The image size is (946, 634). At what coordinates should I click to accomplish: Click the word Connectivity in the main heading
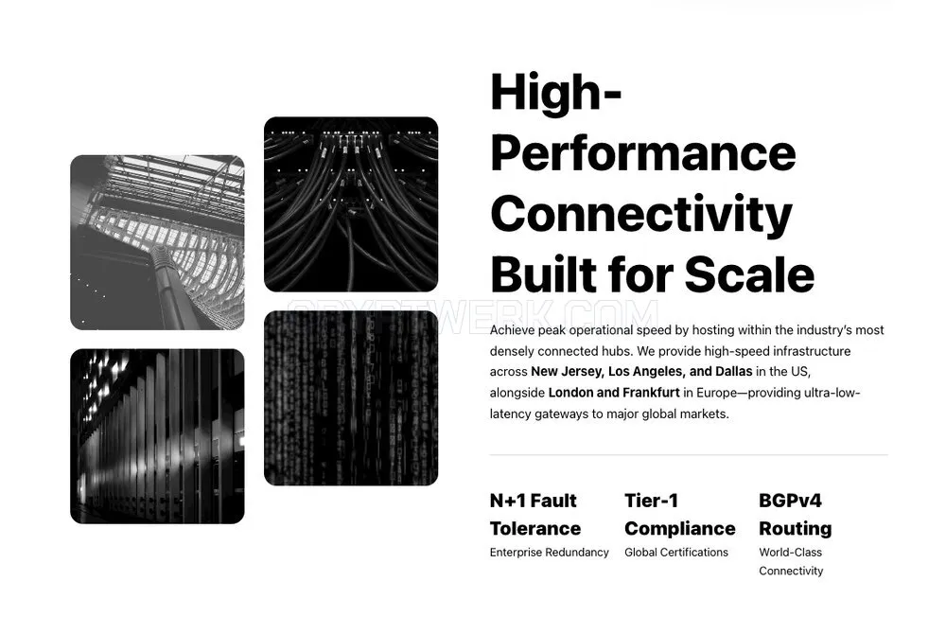click(x=641, y=214)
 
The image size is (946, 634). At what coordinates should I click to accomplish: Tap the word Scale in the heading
click(x=749, y=274)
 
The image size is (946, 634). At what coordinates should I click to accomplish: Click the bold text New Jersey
click(x=566, y=372)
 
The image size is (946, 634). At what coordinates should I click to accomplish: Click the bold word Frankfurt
click(x=651, y=393)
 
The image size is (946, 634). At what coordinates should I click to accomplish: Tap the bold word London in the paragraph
click(x=570, y=393)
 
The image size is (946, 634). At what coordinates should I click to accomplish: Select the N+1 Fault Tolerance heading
click(x=535, y=515)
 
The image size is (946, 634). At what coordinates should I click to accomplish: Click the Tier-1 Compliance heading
click(x=680, y=515)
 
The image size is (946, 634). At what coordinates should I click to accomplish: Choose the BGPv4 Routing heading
click(x=796, y=515)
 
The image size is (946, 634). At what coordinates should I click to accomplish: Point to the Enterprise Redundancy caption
click(x=549, y=553)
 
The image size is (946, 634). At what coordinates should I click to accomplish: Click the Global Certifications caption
click(x=676, y=553)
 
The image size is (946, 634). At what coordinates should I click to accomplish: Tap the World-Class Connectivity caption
click(x=791, y=562)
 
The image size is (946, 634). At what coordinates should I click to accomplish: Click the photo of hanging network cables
click(x=351, y=204)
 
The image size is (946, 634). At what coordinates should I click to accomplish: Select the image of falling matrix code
click(x=351, y=398)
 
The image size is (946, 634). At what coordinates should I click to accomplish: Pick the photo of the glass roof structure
click(x=157, y=242)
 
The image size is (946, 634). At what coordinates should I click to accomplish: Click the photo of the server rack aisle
click(x=157, y=436)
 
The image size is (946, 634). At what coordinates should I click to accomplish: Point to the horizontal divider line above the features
click(x=689, y=455)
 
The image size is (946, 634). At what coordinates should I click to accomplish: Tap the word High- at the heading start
click(x=556, y=92)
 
